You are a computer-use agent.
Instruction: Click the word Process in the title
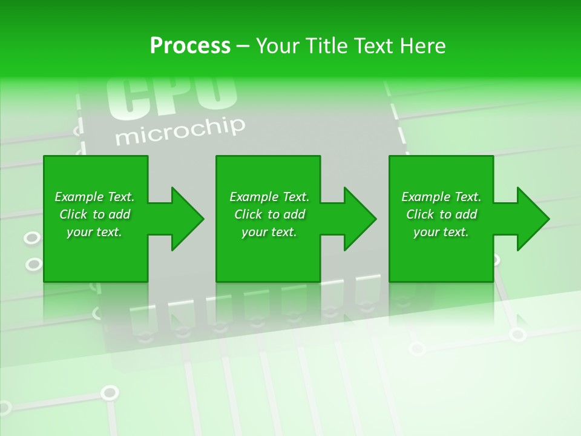click(x=190, y=46)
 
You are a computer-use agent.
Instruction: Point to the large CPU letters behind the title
click(x=171, y=97)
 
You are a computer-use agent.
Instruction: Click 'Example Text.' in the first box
click(x=94, y=197)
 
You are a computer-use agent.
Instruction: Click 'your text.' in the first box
click(x=94, y=232)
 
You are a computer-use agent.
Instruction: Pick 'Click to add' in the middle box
click(x=269, y=214)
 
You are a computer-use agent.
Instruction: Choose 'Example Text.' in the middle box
click(x=269, y=197)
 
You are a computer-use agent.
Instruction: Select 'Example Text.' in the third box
click(x=441, y=197)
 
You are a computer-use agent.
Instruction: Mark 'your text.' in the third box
click(x=441, y=232)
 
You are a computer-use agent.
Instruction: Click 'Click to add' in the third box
click(x=441, y=214)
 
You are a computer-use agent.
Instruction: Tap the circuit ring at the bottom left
click(x=109, y=393)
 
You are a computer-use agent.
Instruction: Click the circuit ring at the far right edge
click(x=517, y=334)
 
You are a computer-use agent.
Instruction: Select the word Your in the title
click(x=275, y=46)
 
